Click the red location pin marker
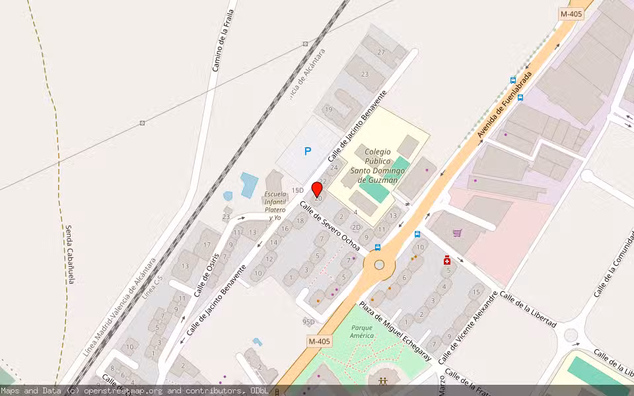coord(317,190)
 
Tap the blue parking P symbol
coord(307,152)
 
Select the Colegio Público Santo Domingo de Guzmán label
coord(378,166)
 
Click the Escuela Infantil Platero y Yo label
coord(275,205)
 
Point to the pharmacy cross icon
coord(447,260)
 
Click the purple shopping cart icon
coord(457,233)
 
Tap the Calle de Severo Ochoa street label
coord(330,226)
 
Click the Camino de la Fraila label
coord(223,40)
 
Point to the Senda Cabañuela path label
coord(69,254)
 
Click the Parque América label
coord(362,331)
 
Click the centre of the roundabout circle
coord(379,265)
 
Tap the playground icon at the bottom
coord(383,381)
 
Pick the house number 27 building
coord(381,52)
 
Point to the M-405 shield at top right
coord(572,14)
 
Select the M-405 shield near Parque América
coord(319,341)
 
